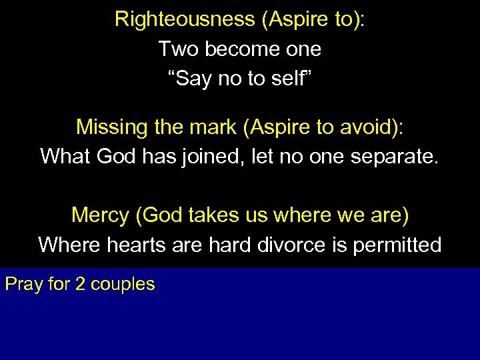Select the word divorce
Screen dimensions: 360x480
pyautogui.click(x=291, y=245)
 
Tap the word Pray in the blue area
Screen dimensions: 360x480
pyautogui.click(x=22, y=285)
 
